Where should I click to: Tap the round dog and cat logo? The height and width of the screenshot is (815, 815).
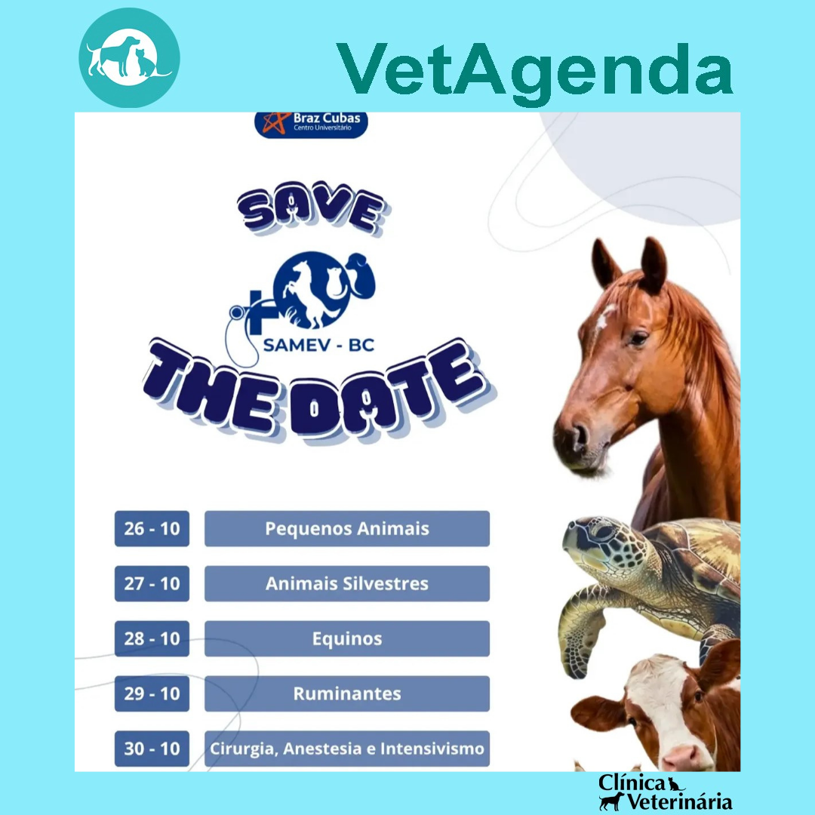tap(130, 57)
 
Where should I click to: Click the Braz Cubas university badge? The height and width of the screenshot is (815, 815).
tap(311, 125)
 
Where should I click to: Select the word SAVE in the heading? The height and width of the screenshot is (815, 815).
tap(312, 208)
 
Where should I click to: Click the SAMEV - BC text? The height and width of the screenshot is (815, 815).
tap(318, 345)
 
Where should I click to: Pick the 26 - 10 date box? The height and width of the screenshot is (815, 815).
tap(152, 528)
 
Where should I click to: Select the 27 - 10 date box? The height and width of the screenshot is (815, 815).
tap(152, 583)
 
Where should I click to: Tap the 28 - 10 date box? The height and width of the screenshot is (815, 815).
tap(152, 639)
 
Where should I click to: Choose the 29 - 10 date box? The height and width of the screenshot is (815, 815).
tap(152, 694)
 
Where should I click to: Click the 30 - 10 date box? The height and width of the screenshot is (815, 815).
tap(152, 749)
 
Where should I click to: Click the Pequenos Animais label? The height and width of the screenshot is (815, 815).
tap(347, 528)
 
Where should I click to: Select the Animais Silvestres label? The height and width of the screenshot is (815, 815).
tap(347, 583)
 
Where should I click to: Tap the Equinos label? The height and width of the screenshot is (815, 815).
tap(347, 639)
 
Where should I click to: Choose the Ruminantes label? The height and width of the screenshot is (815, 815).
tap(347, 694)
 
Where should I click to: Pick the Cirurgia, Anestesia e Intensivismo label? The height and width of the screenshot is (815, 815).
tap(347, 749)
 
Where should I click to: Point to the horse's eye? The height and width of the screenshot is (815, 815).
tap(638, 338)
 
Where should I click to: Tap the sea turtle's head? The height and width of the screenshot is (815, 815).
tap(603, 546)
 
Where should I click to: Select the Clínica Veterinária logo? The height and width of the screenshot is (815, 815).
tap(666, 792)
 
